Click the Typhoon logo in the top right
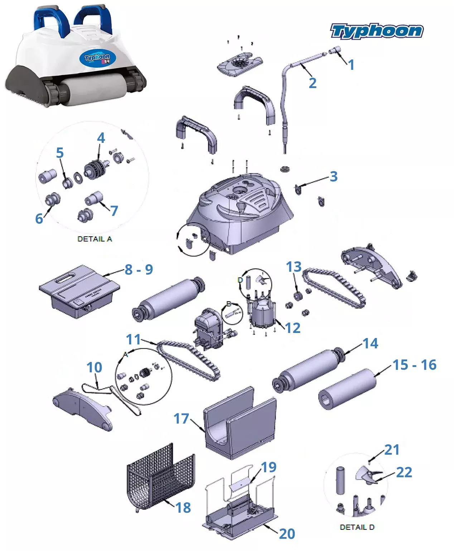pos(377,31)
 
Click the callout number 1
pos(351,65)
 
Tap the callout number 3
pos(334,176)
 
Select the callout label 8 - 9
pos(139,269)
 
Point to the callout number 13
pos(294,267)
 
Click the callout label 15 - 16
pos(414,365)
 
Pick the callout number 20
pos(287,533)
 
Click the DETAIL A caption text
pos(95,239)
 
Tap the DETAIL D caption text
pos(357,527)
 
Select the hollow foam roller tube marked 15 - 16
pos(347,389)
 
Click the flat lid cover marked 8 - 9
pos(79,290)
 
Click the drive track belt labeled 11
pos(189,360)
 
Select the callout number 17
pos(181,419)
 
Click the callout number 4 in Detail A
pos(101,138)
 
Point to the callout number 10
pos(94,367)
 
